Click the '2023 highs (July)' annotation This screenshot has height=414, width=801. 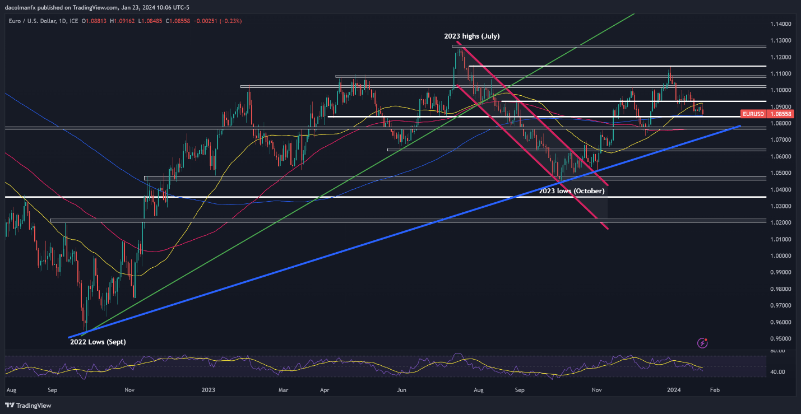coord(471,36)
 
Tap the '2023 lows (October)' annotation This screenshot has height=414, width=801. coord(572,191)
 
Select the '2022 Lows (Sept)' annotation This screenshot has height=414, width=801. coord(94,341)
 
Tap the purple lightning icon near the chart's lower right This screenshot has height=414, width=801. coord(702,342)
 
